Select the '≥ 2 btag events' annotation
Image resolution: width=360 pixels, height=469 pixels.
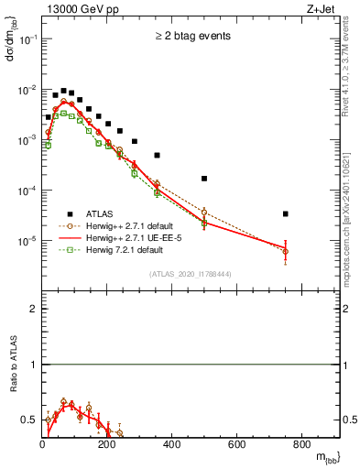191,37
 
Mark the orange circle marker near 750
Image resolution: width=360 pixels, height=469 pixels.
286,251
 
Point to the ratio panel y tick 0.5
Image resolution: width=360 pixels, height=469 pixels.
30,420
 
